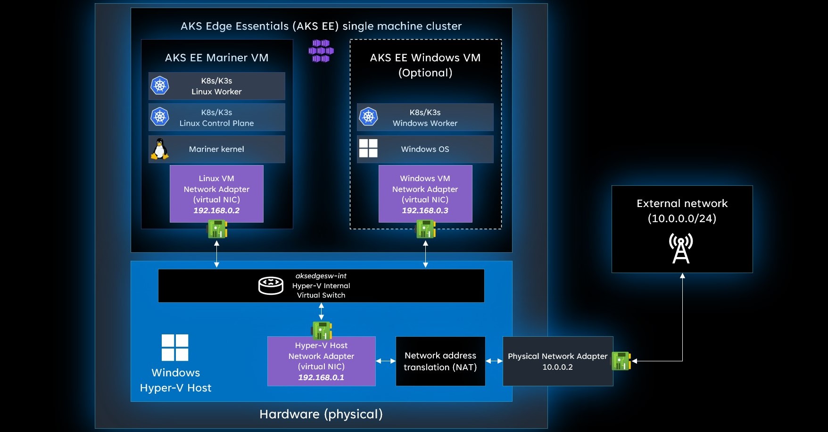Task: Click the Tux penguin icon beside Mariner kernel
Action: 160,149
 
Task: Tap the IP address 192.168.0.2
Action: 216,210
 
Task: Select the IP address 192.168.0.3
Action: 425,210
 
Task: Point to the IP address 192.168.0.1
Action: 321,377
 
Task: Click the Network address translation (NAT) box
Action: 440,361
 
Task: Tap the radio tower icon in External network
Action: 681,249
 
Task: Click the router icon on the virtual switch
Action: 271,286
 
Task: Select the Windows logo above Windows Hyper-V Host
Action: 175,348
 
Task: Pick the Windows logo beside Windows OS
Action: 368,148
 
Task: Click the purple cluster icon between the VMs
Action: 321,51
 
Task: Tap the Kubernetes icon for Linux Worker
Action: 160,85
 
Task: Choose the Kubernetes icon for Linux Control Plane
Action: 160,116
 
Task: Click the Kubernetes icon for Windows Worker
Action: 368,116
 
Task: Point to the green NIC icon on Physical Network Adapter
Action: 621,361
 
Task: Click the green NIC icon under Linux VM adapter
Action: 217,230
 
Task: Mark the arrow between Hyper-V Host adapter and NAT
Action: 386,361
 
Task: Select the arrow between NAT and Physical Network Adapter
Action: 494,361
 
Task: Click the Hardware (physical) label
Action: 321,414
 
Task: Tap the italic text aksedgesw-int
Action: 321,276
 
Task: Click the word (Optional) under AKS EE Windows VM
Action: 425,73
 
